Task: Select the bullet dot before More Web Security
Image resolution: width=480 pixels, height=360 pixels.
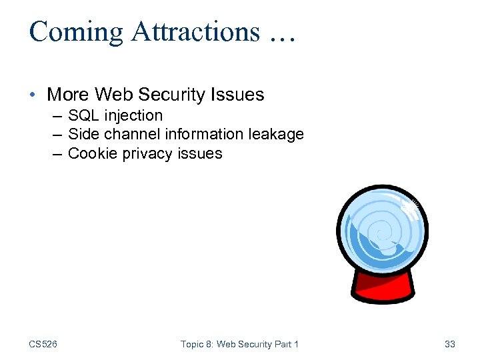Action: (34, 95)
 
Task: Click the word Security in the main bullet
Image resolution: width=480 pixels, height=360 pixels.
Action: (179, 95)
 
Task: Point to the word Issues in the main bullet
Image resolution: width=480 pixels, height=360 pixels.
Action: (239, 95)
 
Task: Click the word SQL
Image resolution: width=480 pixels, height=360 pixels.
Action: (83, 115)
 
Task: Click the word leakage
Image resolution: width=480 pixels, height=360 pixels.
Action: (276, 134)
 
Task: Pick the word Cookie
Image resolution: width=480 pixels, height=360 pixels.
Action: (91, 153)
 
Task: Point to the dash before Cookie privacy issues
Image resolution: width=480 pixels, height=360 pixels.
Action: (57, 153)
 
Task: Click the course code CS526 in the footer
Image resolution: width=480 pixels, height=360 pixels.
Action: (43, 344)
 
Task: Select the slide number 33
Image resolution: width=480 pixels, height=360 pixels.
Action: (449, 344)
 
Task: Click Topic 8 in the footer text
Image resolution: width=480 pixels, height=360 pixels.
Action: (198, 344)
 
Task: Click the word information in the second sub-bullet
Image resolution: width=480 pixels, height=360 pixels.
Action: (204, 134)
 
